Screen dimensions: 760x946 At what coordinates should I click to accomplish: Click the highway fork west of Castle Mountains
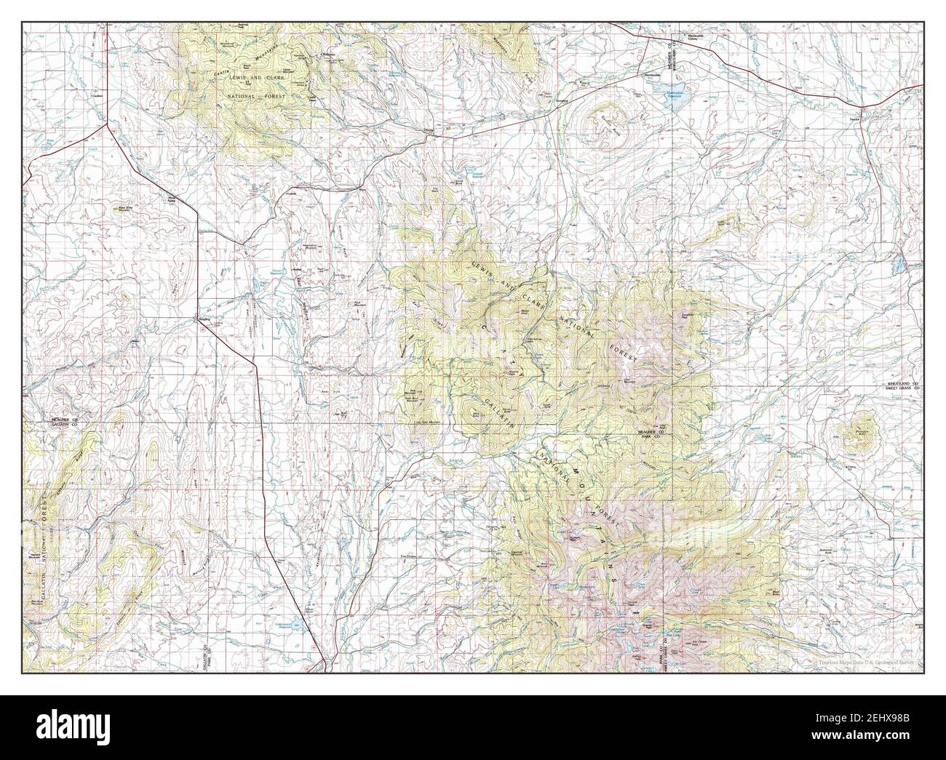(108, 124)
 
